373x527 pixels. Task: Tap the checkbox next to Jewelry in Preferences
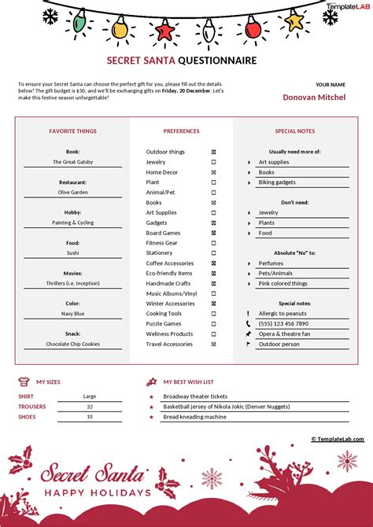(213, 162)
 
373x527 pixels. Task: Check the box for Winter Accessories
(213, 304)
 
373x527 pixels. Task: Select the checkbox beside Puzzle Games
(213, 323)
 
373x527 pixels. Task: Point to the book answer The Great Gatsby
(72, 162)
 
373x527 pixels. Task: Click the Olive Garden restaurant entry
(72, 192)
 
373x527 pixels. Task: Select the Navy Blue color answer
(72, 313)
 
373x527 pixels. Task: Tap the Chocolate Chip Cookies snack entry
(72, 344)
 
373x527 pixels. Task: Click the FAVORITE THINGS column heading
(72, 131)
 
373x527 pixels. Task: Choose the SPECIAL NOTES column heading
(295, 131)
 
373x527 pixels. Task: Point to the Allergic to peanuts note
(283, 313)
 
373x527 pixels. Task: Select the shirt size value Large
(90, 396)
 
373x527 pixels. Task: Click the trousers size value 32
(90, 407)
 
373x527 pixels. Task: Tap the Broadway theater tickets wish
(195, 396)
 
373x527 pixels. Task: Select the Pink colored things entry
(283, 283)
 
